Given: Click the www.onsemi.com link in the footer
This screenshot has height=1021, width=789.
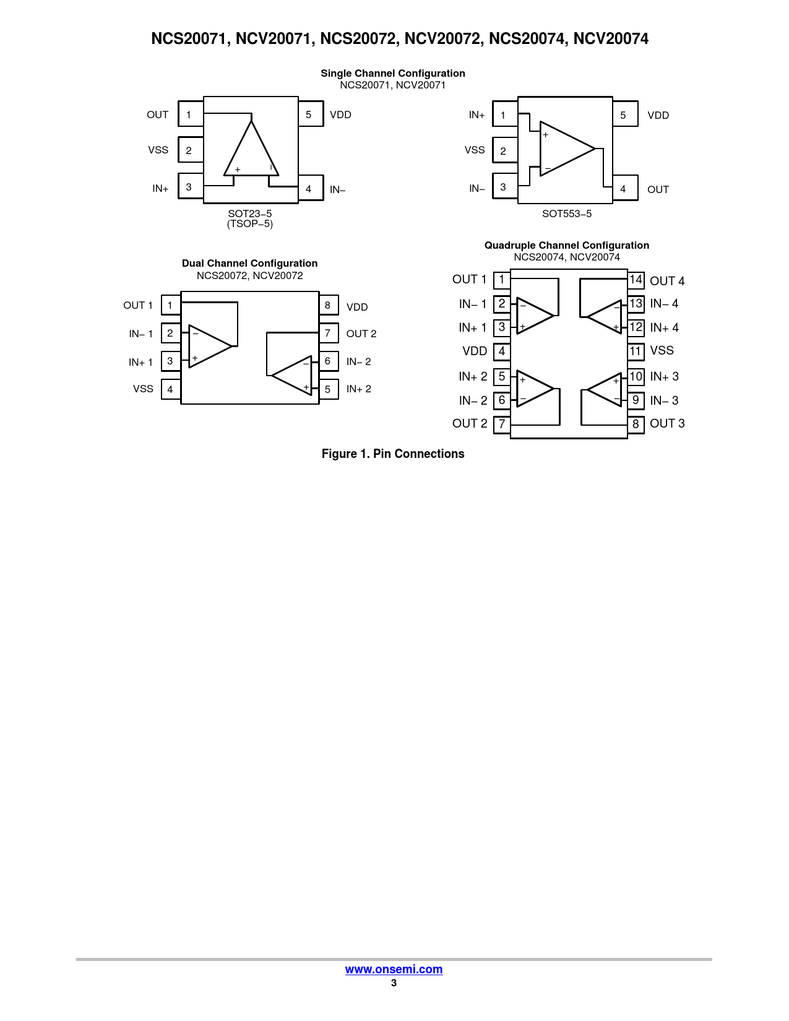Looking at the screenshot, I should coord(394,969).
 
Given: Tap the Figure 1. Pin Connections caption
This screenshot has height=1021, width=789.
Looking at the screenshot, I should coord(393,454).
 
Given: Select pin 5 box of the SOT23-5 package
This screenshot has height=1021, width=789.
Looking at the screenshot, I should coord(309,114).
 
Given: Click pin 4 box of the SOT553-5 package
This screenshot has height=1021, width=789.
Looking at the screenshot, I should coord(624,189).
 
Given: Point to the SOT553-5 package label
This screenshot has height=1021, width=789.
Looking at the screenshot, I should coord(566,213).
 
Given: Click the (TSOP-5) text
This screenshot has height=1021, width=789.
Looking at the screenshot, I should coord(249,224).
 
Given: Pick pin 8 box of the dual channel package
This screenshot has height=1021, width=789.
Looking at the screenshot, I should coord(328,305).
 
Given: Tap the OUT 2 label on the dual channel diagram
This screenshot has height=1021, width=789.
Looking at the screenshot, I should coord(361,334).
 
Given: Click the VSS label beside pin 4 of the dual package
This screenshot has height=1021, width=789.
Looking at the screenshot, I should coord(143,389).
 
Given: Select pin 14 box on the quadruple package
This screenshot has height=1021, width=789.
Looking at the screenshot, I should coord(636,280).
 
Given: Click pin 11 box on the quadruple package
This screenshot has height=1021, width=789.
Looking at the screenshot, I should coord(636,351).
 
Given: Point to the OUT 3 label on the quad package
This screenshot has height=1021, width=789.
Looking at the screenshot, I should coord(667,424).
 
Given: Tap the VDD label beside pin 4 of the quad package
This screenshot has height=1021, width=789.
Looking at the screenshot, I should coord(475,351).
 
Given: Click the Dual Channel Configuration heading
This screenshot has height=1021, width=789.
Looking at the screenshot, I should coord(249,263).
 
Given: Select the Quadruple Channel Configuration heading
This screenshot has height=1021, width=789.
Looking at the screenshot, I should coord(566,245).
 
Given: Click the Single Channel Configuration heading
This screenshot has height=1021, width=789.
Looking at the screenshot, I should coord(392,73).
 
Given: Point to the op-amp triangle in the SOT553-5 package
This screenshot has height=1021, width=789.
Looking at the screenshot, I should coord(564,149).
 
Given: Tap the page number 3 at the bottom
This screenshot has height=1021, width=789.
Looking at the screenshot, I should coord(394,983).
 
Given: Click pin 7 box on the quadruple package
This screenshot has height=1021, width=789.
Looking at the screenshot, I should coord(502,424).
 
